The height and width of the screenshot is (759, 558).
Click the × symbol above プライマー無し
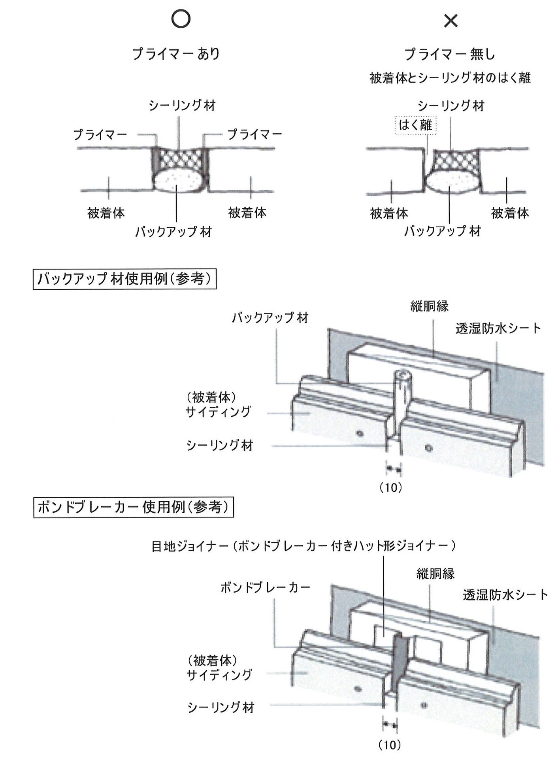coord(451,21)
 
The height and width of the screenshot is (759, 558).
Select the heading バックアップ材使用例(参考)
coord(124,279)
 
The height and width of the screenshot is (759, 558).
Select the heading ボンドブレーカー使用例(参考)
coord(134,507)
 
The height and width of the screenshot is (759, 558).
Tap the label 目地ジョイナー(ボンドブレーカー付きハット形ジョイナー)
coord(304,546)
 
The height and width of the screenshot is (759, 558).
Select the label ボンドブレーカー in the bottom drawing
coord(266,587)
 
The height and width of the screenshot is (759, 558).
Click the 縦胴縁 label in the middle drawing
coord(430,306)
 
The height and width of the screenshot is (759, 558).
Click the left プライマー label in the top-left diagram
coord(100,135)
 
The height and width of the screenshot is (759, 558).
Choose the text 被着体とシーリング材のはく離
coord(450,78)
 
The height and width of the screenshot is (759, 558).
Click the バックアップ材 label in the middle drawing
coord(270,317)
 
